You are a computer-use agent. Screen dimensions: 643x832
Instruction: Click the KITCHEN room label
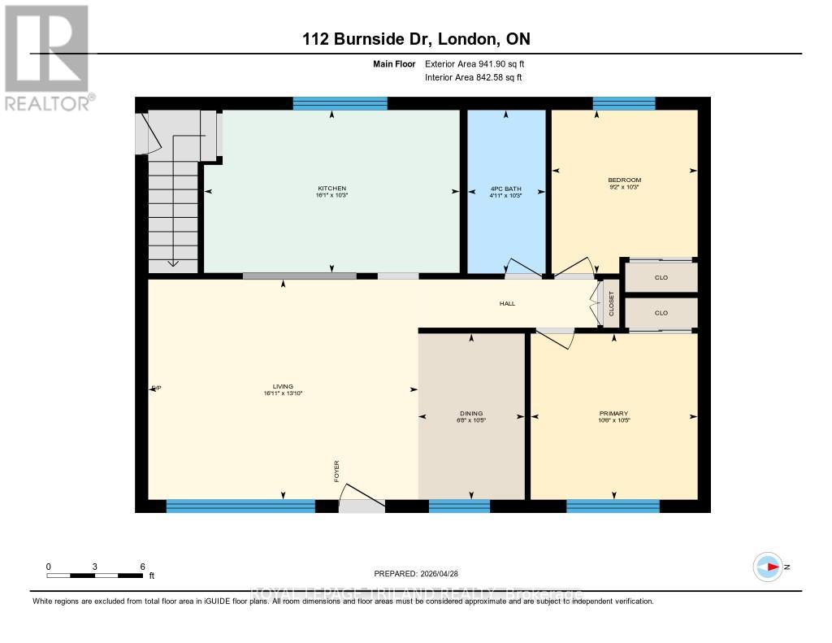point(331,188)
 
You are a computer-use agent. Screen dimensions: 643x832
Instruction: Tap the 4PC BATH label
point(505,188)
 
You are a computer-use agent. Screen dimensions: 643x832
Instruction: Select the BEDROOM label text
point(624,180)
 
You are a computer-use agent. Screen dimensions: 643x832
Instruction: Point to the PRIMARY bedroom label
point(613,413)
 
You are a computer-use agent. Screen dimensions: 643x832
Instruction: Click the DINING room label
point(471,413)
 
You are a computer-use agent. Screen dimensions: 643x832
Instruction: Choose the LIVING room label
point(283,386)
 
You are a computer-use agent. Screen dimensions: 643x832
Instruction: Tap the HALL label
point(507,303)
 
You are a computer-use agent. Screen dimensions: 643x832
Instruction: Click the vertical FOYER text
point(336,471)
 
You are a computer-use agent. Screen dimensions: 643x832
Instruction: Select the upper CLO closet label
point(661,277)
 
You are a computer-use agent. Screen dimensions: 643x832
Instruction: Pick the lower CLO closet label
point(661,312)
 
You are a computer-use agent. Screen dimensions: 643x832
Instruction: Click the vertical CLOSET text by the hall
point(612,305)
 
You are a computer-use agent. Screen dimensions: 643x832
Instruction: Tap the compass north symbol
point(769,567)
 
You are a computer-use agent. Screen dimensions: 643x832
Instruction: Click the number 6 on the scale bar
point(142,567)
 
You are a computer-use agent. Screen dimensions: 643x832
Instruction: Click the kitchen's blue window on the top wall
point(340,102)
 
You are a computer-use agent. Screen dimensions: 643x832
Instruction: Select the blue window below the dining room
point(459,506)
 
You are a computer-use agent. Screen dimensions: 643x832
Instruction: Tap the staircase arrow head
point(173,262)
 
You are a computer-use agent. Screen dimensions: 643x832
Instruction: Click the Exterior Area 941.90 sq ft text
point(480,63)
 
